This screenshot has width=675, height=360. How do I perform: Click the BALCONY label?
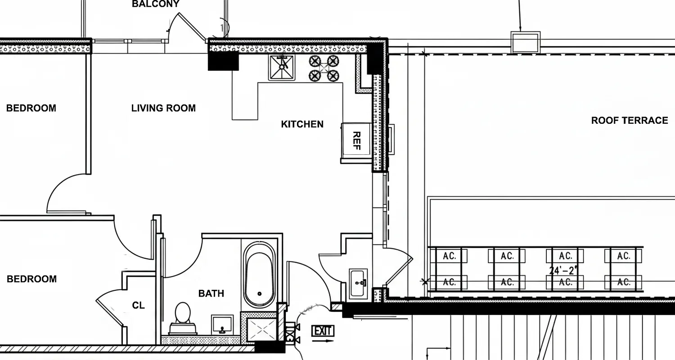point(155,4)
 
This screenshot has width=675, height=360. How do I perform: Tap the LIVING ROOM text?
point(163,108)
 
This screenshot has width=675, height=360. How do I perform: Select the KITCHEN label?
point(302,124)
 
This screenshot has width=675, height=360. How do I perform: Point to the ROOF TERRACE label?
point(629,121)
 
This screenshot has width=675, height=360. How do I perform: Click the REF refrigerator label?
point(356,140)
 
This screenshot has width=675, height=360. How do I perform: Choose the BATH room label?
point(211,293)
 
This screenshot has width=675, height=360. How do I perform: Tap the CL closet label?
point(139,306)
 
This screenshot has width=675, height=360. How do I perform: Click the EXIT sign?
point(323,331)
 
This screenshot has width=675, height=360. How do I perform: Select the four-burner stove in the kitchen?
point(323,68)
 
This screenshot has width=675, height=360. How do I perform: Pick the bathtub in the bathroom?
point(259,274)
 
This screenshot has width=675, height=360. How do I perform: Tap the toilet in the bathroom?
point(182,317)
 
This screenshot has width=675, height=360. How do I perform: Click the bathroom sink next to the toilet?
point(222,324)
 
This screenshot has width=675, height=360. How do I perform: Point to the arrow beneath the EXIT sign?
point(323,341)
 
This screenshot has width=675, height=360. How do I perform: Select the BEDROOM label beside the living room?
point(31,108)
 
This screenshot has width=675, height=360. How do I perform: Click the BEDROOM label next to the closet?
point(31,279)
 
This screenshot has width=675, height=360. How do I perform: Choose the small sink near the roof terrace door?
point(359,283)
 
